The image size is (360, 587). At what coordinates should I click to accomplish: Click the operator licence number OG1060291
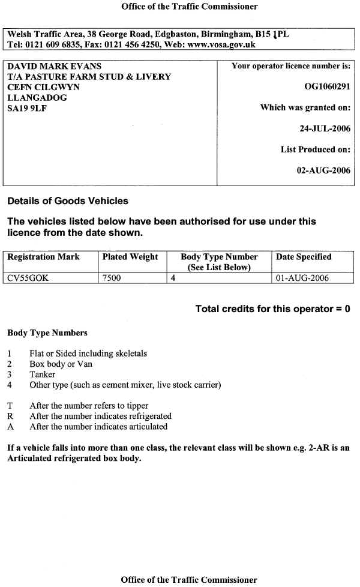click(x=327, y=87)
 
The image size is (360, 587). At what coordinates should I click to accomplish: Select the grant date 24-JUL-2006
click(x=325, y=128)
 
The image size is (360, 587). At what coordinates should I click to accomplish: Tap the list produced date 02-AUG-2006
click(x=323, y=170)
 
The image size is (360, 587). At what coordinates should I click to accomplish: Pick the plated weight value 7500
click(x=112, y=278)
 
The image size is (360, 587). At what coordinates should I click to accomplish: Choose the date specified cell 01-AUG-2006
click(x=302, y=278)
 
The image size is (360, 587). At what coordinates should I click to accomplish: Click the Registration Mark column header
click(x=43, y=257)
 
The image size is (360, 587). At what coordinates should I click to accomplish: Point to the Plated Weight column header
click(x=130, y=257)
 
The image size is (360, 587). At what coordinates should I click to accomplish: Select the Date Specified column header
click(x=304, y=257)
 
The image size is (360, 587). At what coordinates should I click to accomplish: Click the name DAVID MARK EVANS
click(x=54, y=66)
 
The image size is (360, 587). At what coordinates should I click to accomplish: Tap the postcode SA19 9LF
click(x=28, y=108)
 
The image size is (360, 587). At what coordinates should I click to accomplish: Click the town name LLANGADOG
click(x=37, y=97)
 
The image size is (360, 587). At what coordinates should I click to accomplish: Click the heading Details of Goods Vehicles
click(x=67, y=201)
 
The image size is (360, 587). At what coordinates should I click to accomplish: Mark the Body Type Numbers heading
click(x=47, y=333)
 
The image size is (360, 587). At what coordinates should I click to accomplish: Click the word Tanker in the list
click(x=42, y=374)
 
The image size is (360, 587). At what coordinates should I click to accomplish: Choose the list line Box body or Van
click(x=61, y=364)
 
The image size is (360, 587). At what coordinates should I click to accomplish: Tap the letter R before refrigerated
click(x=10, y=416)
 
